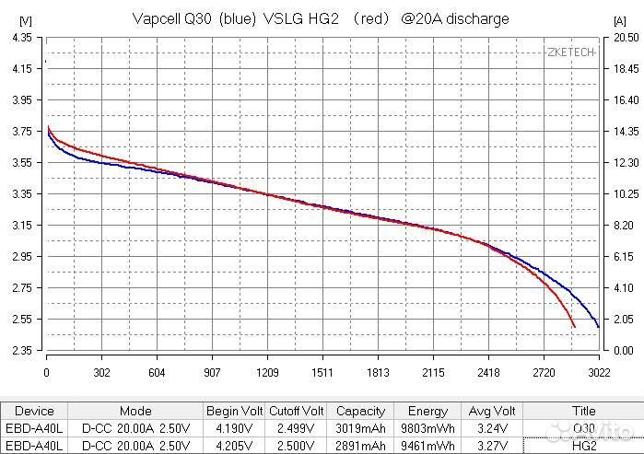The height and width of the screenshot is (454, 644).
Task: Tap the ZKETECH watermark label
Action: tap(570, 52)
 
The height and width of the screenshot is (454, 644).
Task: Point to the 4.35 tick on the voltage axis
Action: tap(20, 37)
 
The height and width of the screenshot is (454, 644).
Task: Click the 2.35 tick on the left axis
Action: tap(20, 351)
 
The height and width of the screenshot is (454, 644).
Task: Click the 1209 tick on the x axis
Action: tap(267, 373)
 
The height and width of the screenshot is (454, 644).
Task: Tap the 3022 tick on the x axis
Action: tap(599, 373)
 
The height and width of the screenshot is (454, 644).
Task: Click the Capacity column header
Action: tap(360, 412)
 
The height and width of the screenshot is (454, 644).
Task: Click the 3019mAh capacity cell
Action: tap(360, 427)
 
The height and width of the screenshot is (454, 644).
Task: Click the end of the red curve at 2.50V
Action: tap(575, 327)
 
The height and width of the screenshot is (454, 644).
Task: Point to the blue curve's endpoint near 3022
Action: tap(599, 327)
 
